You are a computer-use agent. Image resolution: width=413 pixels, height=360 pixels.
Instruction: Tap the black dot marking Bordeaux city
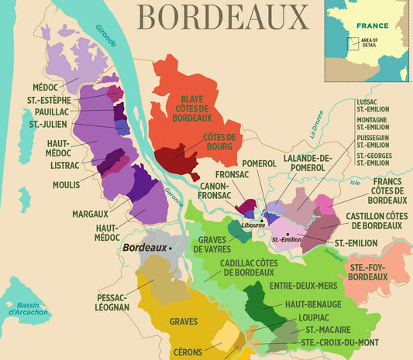tap(171, 249)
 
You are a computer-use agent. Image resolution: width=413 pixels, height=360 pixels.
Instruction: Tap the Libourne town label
tap(253, 225)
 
